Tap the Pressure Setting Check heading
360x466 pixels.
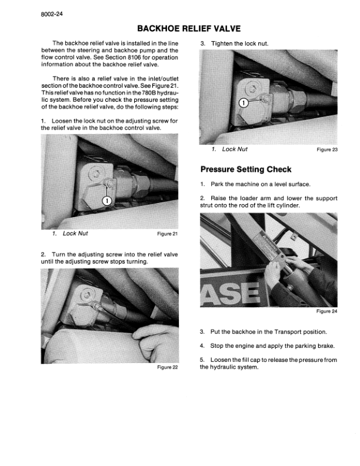pyautogui.click(x=242, y=170)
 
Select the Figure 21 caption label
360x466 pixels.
pyautogui.click(x=168, y=234)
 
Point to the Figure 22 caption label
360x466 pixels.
pyautogui.click(x=168, y=368)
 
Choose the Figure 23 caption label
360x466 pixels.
pyautogui.click(x=327, y=149)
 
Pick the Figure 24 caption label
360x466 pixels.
pyautogui.click(x=327, y=311)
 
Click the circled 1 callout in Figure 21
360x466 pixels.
pyautogui.click(x=106, y=201)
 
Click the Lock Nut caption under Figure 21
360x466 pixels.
pyautogui.click(x=75, y=234)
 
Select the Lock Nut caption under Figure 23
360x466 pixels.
pyautogui.click(x=234, y=149)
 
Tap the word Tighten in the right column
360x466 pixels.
pyautogui.click(x=222, y=44)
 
